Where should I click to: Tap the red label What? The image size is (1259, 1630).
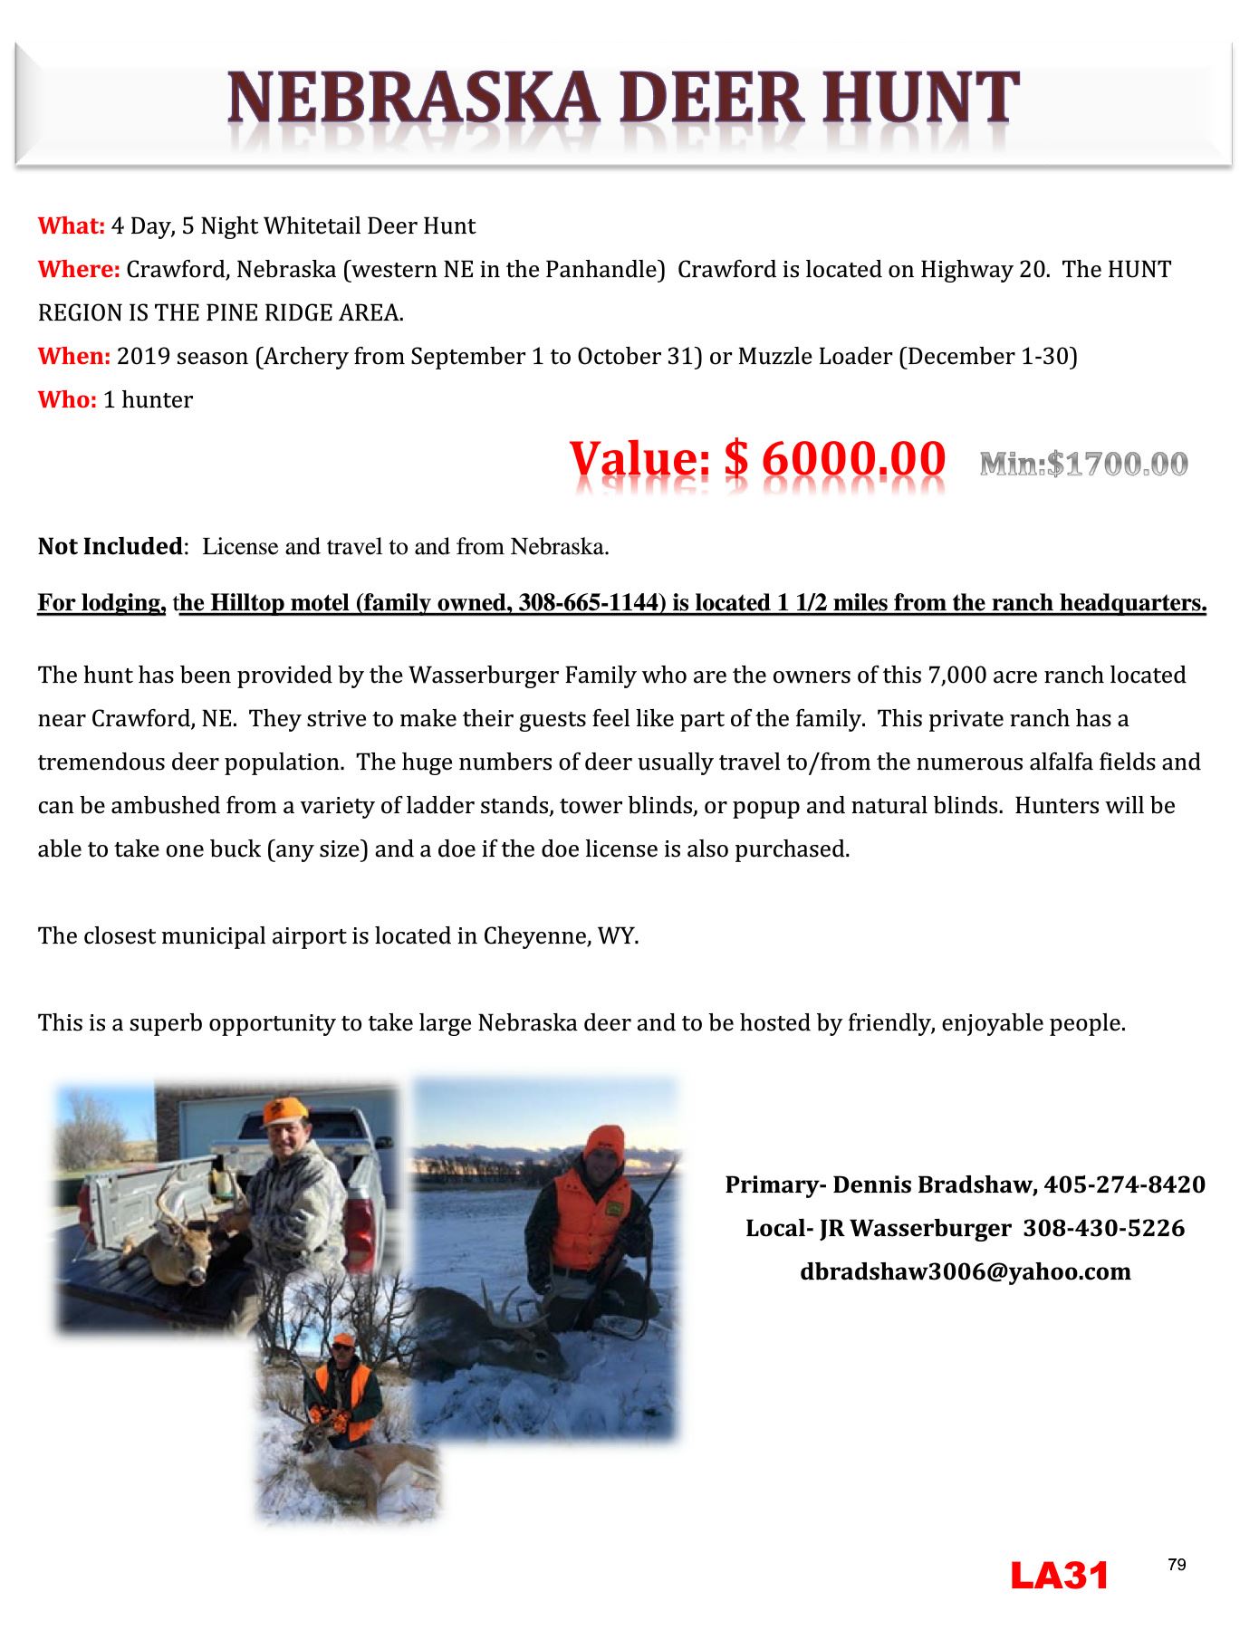[72, 225]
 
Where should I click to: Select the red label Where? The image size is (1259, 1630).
[79, 269]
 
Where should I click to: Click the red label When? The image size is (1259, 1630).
[74, 356]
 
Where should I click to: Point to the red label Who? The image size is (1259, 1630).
[67, 399]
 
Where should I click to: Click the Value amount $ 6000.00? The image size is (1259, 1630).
[834, 459]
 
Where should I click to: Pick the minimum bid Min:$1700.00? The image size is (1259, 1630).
[1083, 465]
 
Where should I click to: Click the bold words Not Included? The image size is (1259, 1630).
[110, 546]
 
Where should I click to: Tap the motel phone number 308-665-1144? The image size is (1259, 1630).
[586, 603]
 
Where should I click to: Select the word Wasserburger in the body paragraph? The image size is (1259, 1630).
[480, 675]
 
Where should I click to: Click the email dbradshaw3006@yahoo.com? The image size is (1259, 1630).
[965, 1271]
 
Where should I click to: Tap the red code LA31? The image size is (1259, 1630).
[1059, 1577]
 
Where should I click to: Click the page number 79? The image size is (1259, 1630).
[1177, 1565]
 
